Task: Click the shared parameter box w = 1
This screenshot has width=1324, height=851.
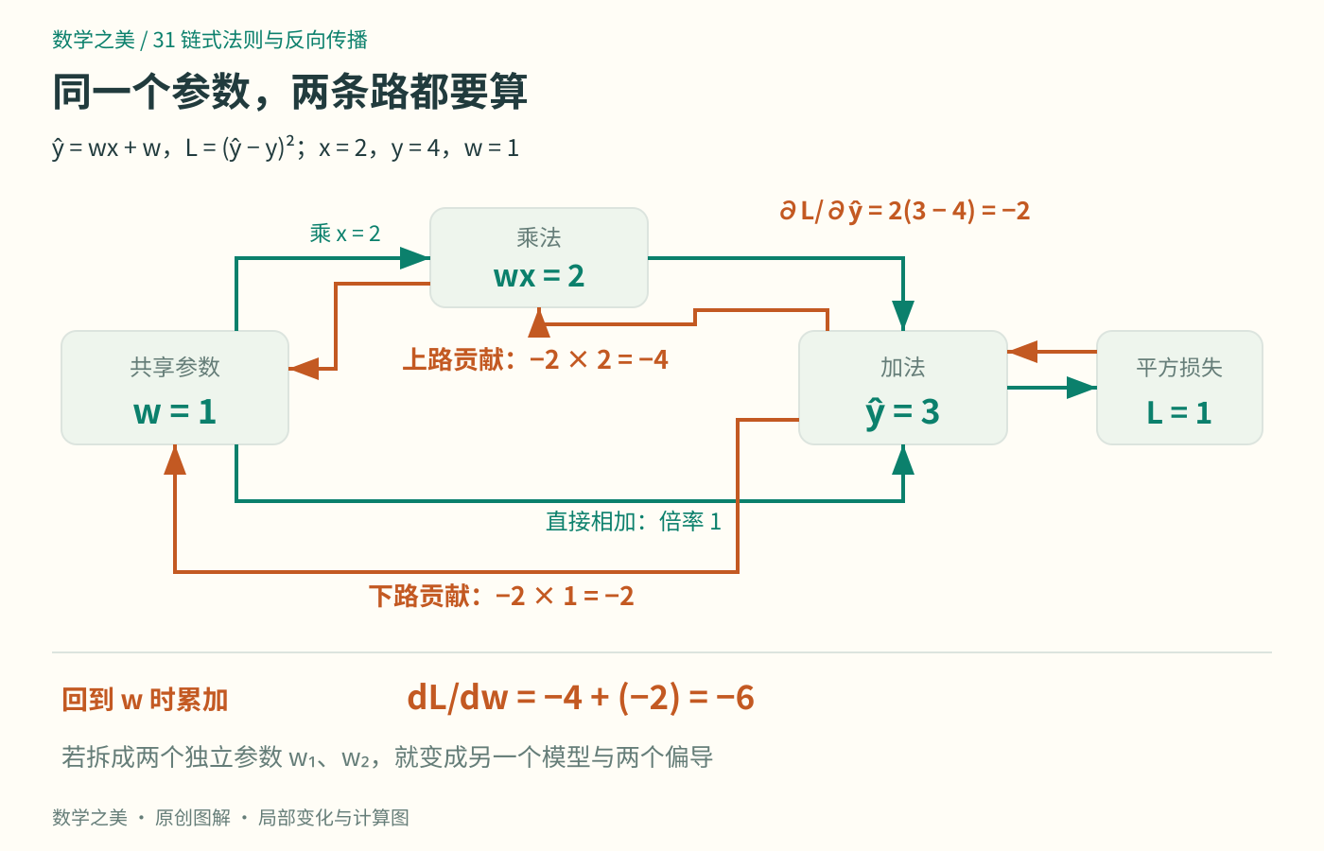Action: point(175,388)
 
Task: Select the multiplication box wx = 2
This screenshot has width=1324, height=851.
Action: point(539,257)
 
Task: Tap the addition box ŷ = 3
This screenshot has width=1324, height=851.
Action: point(903,388)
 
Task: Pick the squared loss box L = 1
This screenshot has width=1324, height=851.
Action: point(1180,388)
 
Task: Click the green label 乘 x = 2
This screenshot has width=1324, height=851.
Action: point(345,234)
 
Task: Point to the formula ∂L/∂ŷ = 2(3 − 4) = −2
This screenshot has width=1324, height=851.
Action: point(904,211)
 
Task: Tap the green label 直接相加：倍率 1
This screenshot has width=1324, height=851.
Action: point(634,521)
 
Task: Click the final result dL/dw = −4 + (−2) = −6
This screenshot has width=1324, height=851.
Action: point(581,698)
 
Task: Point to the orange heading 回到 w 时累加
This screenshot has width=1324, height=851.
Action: point(146,700)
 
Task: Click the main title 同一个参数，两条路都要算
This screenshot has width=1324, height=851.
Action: point(289,92)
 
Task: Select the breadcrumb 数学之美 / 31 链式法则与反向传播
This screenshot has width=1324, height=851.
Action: point(210,40)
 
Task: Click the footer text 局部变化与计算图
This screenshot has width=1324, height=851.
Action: point(334,817)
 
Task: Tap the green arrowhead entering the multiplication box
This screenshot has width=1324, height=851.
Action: point(415,257)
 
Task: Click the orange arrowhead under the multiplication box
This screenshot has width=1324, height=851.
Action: point(539,322)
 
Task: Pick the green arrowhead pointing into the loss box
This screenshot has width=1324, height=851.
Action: point(1082,388)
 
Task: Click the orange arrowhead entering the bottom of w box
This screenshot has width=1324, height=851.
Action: point(175,460)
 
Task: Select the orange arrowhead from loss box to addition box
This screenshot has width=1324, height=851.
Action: point(1022,352)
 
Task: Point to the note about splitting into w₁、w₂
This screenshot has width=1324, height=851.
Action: point(387,757)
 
